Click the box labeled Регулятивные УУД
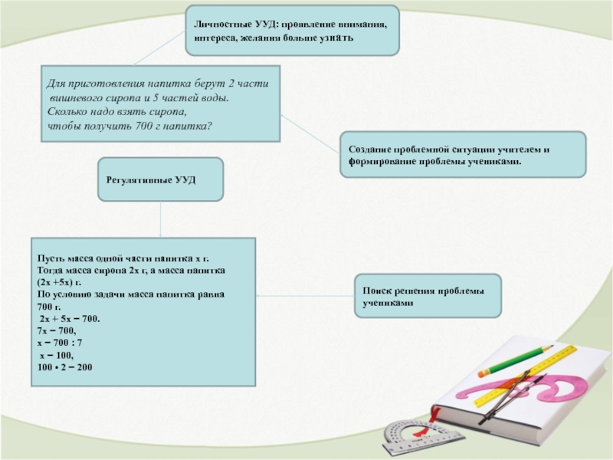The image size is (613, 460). (161, 179)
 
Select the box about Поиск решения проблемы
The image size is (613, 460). (428, 296)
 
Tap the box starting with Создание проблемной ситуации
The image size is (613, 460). (463, 154)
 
